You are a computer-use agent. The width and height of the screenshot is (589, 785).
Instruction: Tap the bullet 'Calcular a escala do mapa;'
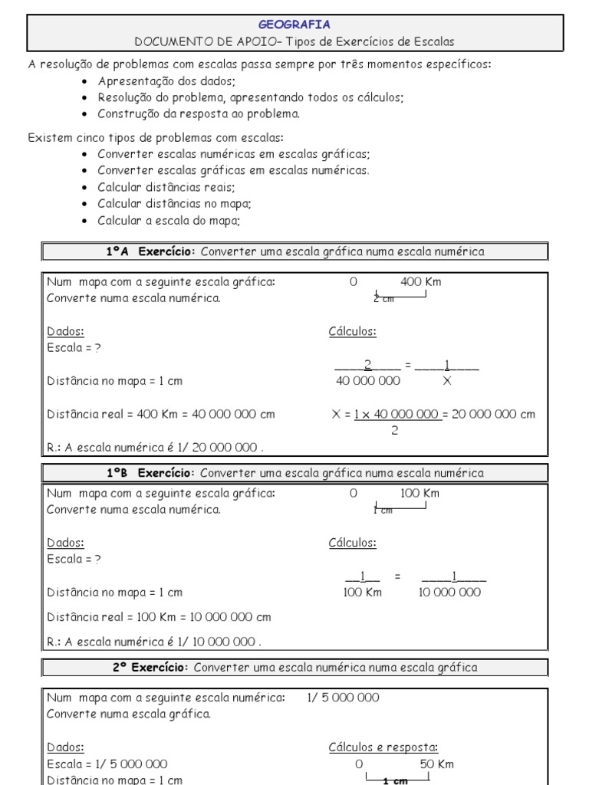pyautogui.click(x=169, y=220)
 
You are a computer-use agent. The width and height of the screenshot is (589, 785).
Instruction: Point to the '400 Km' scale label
pyautogui.click(x=420, y=281)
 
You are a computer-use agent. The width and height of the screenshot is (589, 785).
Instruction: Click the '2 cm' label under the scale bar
pyautogui.click(x=383, y=299)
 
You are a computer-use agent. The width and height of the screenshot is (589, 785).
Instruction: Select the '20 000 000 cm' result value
pyautogui.click(x=494, y=414)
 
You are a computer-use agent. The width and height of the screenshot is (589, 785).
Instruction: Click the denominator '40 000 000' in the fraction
pyautogui.click(x=367, y=380)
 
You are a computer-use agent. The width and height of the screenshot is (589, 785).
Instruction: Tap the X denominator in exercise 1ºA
pyautogui.click(x=447, y=380)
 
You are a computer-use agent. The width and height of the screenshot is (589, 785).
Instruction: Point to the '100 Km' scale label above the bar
pyautogui.click(x=420, y=494)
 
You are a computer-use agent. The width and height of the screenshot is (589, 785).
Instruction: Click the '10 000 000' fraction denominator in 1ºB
pyautogui.click(x=450, y=593)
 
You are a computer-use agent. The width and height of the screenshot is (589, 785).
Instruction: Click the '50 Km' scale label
pyautogui.click(x=436, y=764)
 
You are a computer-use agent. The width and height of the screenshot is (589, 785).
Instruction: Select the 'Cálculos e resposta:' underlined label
pyautogui.click(x=383, y=747)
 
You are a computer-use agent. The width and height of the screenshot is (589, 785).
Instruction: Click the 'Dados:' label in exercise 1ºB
pyautogui.click(x=65, y=543)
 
